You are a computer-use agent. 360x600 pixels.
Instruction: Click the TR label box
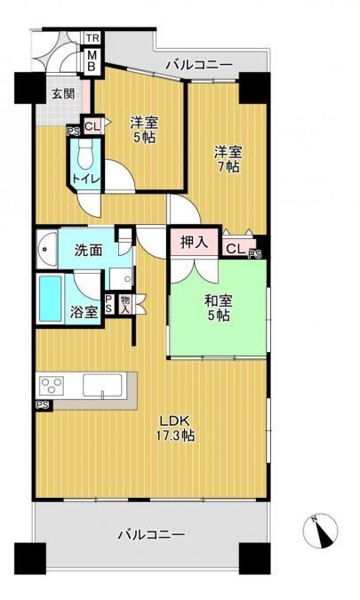tap(92, 38)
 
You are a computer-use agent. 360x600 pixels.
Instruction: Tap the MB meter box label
tap(92, 60)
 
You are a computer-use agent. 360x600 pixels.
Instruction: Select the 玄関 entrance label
tap(63, 93)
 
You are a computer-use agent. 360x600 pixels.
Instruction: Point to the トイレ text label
tap(86, 179)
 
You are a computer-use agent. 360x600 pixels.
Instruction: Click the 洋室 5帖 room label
tap(144, 130)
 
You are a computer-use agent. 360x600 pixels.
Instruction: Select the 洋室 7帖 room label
tap(228, 159)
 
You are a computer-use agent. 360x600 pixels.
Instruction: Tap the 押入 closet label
tap(194, 242)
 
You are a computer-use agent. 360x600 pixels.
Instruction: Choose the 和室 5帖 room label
tap(219, 308)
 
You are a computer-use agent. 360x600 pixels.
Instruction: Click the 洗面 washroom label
tap(88, 251)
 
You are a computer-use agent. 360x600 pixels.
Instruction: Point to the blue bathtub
tap(51, 300)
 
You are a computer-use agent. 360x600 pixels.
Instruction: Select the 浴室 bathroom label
tap(84, 313)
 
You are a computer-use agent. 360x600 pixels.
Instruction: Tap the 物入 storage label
tap(125, 305)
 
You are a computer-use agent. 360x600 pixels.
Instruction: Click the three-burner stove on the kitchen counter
tap(52, 386)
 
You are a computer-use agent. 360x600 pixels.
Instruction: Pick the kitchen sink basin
tap(102, 385)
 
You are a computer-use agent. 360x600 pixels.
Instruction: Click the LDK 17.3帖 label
tap(176, 428)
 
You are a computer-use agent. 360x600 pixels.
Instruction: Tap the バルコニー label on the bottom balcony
tap(151, 534)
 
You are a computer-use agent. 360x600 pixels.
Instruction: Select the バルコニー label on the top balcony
tap(199, 65)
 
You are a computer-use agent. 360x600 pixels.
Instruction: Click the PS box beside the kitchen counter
tap(43, 404)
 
